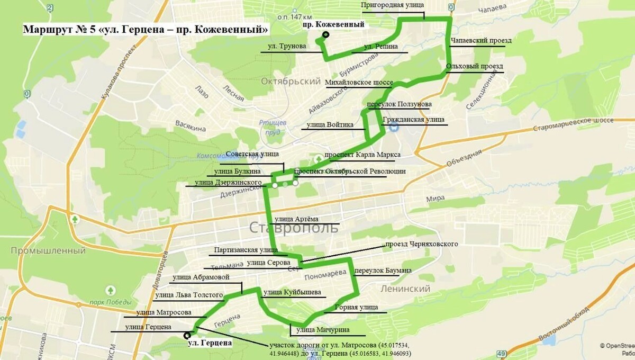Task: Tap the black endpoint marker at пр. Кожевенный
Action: pos(325,35)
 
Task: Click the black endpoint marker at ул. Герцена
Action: pos(187,335)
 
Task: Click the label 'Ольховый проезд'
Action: pos(474,66)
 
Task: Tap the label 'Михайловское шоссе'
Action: pos(359,83)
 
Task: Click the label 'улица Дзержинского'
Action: pos(228,183)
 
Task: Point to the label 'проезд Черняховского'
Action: pos(421,244)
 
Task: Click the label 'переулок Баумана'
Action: pos(383,271)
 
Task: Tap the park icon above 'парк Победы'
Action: pos(110,291)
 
